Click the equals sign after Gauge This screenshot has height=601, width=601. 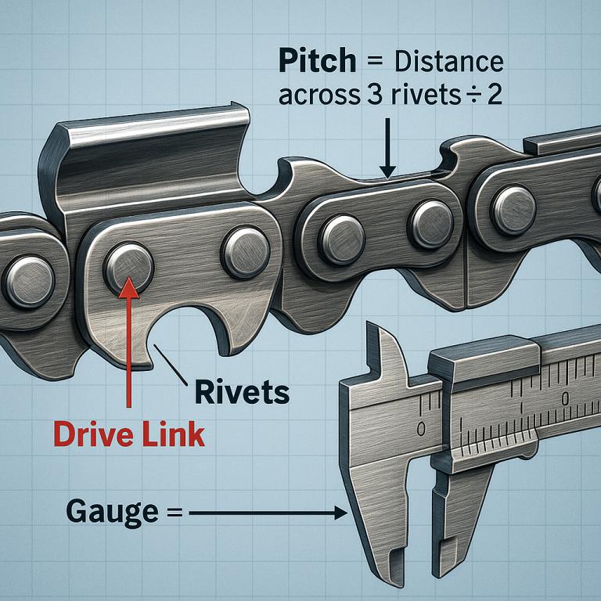(173, 513)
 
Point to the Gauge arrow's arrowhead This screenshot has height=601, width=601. (341, 513)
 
